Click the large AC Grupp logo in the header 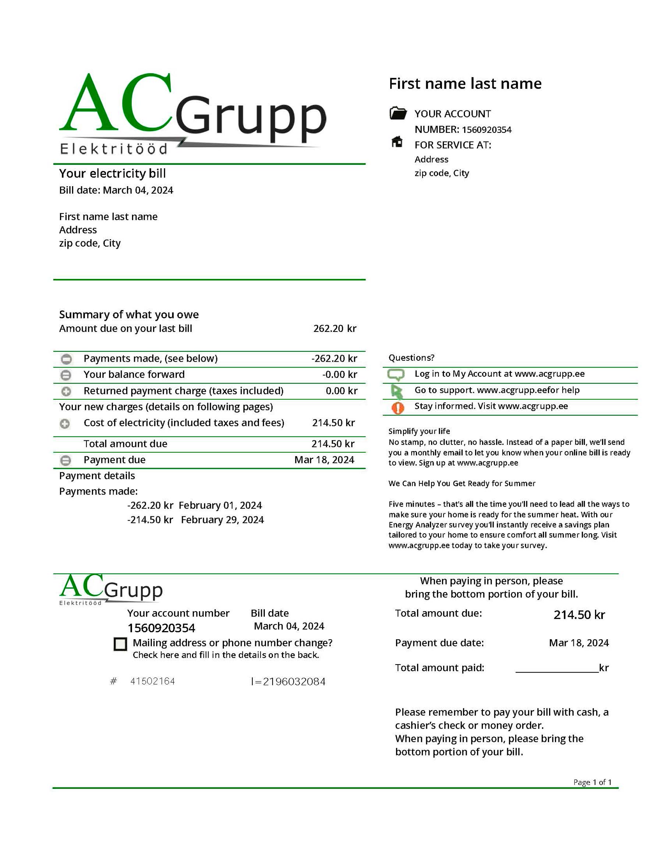click(192, 114)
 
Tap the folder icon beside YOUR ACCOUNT click(398, 113)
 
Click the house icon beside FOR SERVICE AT click(397, 142)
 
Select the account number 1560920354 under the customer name click(486, 130)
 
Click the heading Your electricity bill click(113, 173)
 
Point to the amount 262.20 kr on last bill click(335, 329)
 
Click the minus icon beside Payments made click(66, 359)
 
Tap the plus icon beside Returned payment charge click(66, 391)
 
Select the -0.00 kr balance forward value click(339, 375)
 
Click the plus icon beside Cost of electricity click(65, 424)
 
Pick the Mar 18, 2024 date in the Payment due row click(324, 460)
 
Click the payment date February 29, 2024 click(223, 520)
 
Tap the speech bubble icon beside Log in click(396, 374)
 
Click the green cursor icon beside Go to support click(396, 391)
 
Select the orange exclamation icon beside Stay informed click(398, 408)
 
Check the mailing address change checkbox click(120, 644)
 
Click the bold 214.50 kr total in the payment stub click(579, 615)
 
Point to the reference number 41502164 click(153, 681)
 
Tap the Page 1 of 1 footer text click(592, 782)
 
